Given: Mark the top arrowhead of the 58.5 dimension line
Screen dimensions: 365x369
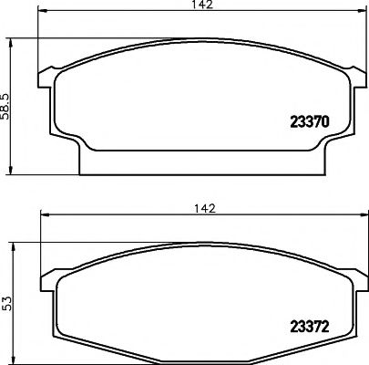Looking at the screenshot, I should pos(12,41).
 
